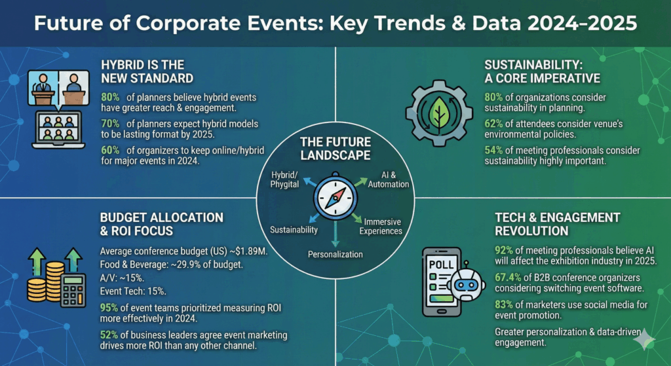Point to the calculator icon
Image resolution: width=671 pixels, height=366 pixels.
[73, 289]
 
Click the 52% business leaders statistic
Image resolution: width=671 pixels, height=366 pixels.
[110, 335]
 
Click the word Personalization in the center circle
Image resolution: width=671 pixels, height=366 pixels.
[335, 253]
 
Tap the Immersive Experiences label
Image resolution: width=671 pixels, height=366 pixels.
[382, 227]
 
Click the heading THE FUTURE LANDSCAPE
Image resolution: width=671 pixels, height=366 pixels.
[335, 149]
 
